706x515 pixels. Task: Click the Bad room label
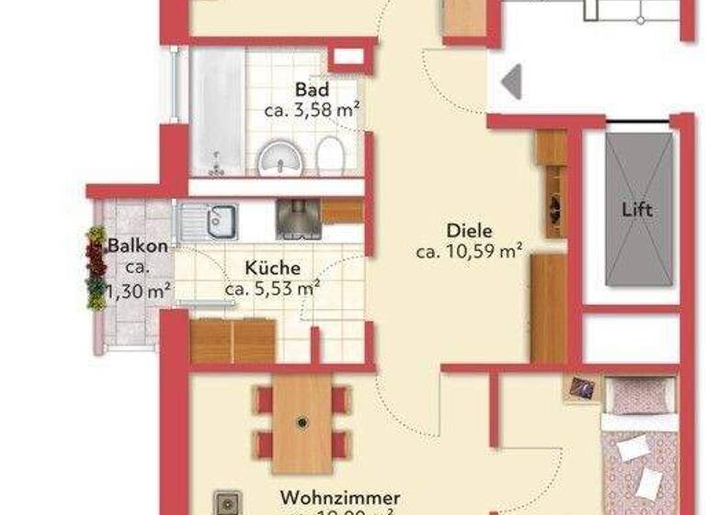tap(313, 90)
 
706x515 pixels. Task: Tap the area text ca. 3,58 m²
tap(312, 110)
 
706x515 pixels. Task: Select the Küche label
tap(272, 268)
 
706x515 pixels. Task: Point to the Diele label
tap(470, 231)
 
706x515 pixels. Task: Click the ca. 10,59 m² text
tap(470, 250)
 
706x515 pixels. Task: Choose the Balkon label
tap(138, 246)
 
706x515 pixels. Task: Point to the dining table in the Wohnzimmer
tap(302, 423)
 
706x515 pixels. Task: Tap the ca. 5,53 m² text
tap(272, 288)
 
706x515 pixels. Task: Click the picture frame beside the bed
tap(581, 388)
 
